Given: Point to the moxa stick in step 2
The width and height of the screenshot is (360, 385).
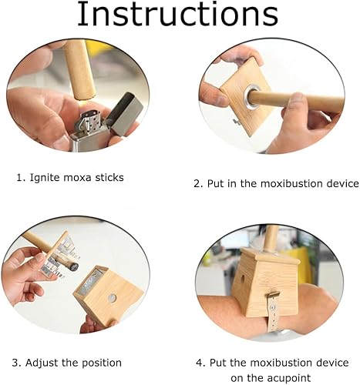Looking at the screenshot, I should tap(297, 99).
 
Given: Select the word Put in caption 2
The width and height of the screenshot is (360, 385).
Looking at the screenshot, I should tap(214, 183).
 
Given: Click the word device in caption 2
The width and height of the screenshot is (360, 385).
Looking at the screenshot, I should tap(342, 183).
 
